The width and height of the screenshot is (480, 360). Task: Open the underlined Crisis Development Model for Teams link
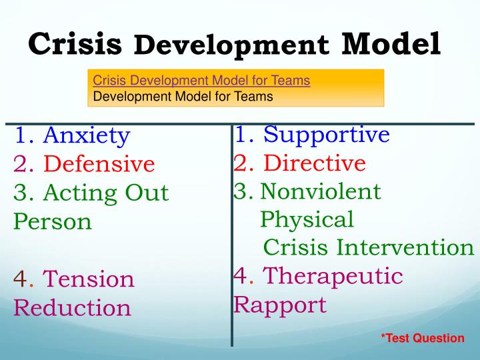(201, 81)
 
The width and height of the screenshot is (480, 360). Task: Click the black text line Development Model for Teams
(183, 96)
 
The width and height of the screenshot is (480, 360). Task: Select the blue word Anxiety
(86, 136)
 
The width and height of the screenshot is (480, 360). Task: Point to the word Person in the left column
(53, 221)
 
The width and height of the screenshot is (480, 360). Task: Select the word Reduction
(72, 308)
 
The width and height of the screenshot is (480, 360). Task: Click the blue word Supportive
(326, 135)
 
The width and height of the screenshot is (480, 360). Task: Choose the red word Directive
(314, 163)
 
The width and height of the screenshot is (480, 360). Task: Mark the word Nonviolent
(320, 192)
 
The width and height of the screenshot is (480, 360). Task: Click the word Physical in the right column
(307, 219)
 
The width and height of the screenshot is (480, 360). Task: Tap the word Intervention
(405, 247)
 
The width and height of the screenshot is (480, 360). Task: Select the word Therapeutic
(333, 276)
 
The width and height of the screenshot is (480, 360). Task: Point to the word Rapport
(279, 305)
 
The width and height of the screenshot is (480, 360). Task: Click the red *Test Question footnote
(422, 338)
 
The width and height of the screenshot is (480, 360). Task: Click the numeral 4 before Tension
(20, 279)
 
